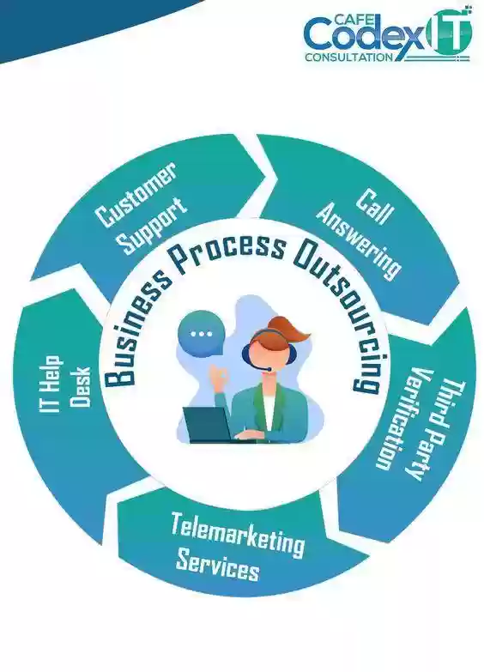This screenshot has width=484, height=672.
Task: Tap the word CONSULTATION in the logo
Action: pyautogui.click(x=348, y=57)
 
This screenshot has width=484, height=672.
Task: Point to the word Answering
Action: pyautogui.click(x=359, y=241)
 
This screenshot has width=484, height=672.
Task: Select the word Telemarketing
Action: pyautogui.click(x=237, y=535)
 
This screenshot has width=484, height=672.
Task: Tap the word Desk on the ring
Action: pyautogui.click(x=80, y=386)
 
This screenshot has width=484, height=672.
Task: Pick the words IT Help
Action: pyautogui.click(x=50, y=384)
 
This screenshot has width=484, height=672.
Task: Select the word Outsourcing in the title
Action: pyautogui.click(x=340, y=314)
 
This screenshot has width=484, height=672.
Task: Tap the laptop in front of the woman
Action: pyautogui.click(x=209, y=424)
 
